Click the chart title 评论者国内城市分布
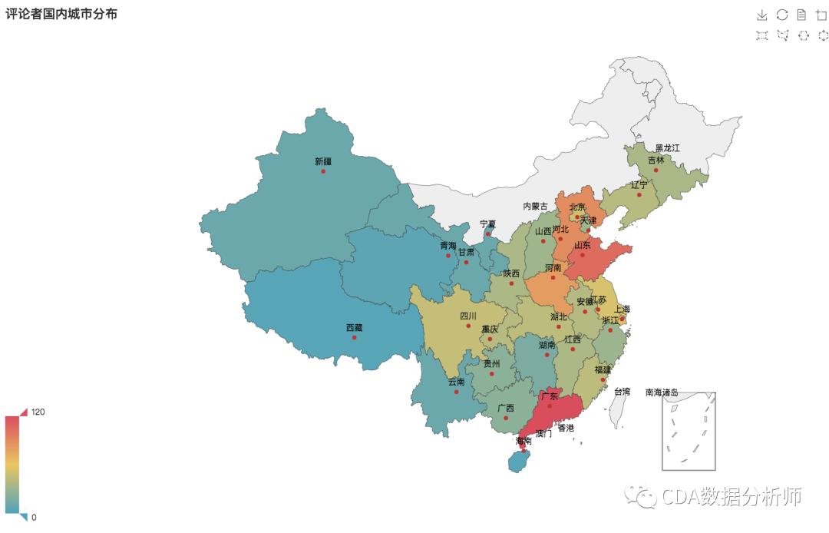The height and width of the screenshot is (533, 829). [x=61, y=14]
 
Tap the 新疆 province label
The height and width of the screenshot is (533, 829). [x=323, y=161]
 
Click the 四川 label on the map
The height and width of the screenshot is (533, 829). [x=468, y=316]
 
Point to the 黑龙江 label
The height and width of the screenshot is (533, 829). [x=667, y=147]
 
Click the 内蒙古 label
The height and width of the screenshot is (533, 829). [x=536, y=206]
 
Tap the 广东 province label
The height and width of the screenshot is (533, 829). [x=549, y=396]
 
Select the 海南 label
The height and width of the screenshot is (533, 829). [x=523, y=441]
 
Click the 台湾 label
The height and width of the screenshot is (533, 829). [x=623, y=392]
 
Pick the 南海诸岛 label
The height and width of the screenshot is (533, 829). [x=662, y=392]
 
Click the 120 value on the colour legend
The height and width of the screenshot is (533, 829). [x=38, y=412]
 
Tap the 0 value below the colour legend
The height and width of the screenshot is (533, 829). [x=34, y=517]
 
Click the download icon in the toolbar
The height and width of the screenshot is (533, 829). [x=761, y=15]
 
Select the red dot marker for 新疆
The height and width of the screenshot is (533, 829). [x=323, y=171]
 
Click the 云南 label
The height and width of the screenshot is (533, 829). [x=456, y=382]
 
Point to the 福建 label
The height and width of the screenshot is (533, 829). [x=603, y=369]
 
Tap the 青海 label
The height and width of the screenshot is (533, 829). [x=448, y=245]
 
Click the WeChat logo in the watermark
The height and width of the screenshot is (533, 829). [x=640, y=497]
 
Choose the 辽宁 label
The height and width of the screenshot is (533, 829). [x=639, y=184]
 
